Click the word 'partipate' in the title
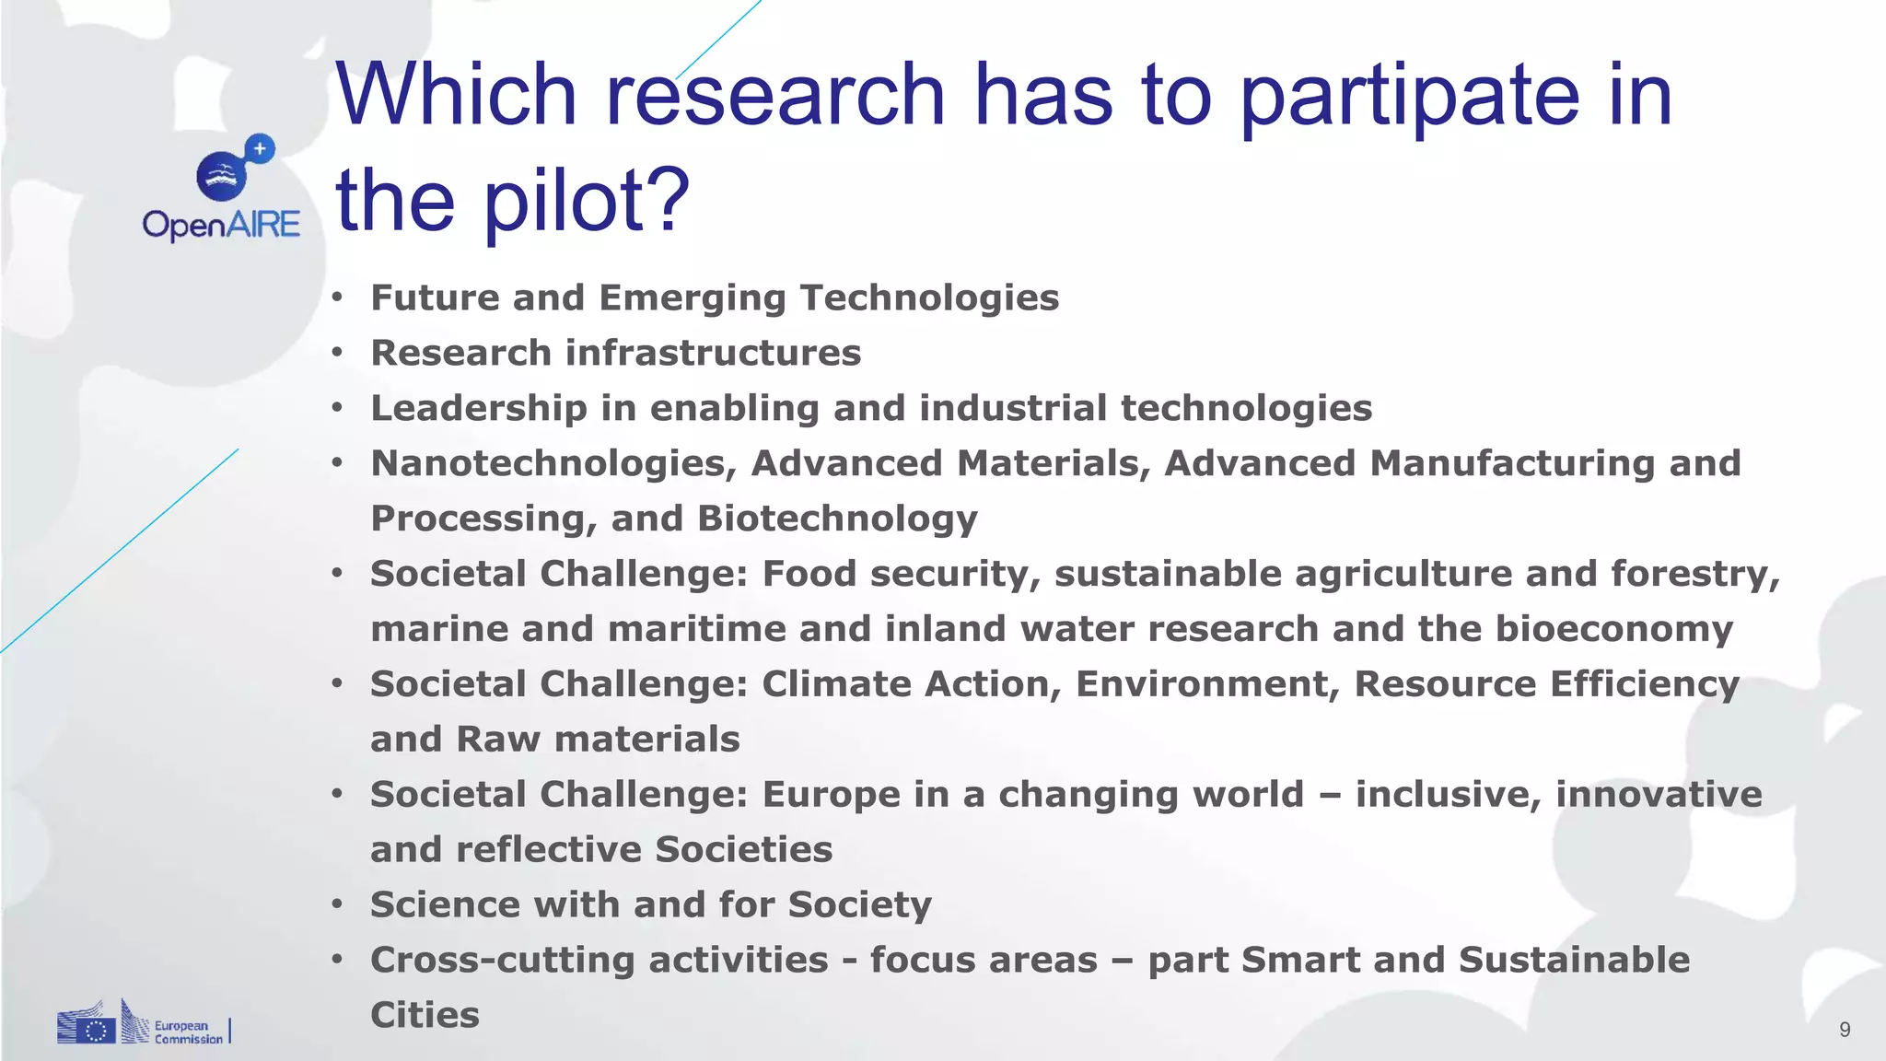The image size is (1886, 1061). (1409, 96)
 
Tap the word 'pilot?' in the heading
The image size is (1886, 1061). (587, 200)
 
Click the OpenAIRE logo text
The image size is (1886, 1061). (221, 225)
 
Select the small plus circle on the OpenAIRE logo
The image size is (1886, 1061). (261, 148)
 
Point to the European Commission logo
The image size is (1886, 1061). (143, 1024)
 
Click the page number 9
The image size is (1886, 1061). (1845, 1030)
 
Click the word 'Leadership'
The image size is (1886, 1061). (479, 408)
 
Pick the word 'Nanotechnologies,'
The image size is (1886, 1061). (553, 463)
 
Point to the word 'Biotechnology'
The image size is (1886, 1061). (837, 519)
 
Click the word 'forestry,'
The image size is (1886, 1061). (1695, 574)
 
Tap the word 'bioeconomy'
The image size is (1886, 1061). (1613, 629)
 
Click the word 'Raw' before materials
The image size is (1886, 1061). (498, 740)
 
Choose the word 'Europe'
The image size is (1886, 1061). (831, 795)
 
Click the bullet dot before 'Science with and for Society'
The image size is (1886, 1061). (338, 904)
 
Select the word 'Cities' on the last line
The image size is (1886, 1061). (425, 1015)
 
